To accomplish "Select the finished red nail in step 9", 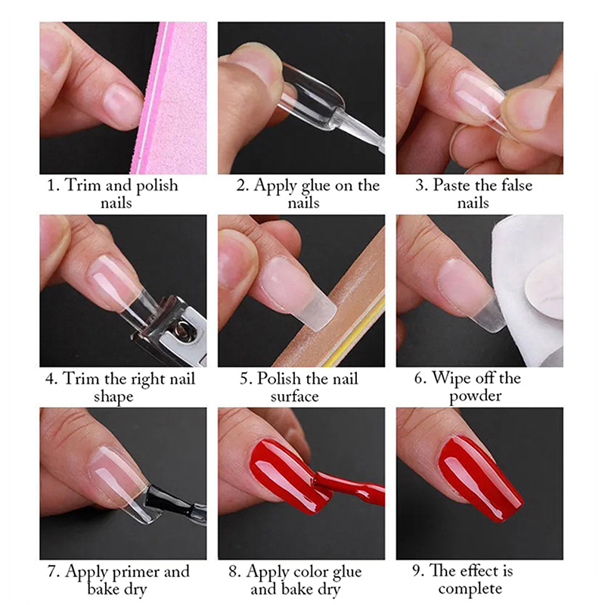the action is coord(480,477).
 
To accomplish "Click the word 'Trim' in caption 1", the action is coord(82,185).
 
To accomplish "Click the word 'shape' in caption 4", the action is coord(113,397).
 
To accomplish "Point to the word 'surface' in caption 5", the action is coord(294,396).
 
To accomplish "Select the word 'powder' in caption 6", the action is coord(476,396).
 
